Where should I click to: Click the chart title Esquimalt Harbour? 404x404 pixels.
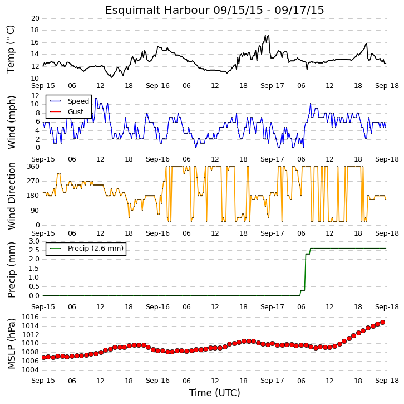click(x=157, y=11)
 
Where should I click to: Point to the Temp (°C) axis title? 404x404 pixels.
click(x=11, y=49)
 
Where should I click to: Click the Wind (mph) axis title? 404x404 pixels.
click(x=12, y=122)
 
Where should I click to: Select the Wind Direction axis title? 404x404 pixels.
click(x=12, y=196)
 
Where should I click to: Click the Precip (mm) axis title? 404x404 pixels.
click(x=12, y=270)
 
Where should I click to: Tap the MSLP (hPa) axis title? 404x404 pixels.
click(x=12, y=343)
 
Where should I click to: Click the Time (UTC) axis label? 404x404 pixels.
click(x=215, y=393)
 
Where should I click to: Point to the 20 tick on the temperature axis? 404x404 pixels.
click(x=35, y=18)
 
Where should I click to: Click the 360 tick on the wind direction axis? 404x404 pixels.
click(x=33, y=167)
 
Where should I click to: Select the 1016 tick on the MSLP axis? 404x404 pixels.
click(x=31, y=317)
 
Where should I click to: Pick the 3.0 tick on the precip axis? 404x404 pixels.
click(x=35, y=241)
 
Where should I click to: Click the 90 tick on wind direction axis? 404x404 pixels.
click(x=36, y=211)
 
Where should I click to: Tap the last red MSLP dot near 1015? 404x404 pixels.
click(x=383, y=323)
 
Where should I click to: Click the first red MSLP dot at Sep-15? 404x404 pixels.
click(x=43, y=357)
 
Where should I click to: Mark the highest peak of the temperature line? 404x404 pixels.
click(x=269, y=35)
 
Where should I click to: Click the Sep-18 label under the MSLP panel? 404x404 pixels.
click(x=387, y=381)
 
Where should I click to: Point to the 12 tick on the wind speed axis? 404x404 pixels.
click(x=35, y=96)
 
